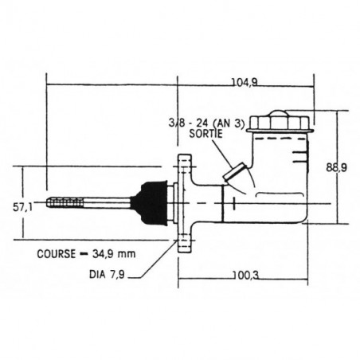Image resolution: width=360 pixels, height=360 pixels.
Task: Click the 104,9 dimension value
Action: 245,83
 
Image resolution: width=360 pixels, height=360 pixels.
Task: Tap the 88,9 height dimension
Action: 336,168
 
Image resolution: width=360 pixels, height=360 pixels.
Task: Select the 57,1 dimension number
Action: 22,207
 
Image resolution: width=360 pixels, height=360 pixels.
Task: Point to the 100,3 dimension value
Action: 246,276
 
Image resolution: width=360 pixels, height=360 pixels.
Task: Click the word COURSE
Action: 57,254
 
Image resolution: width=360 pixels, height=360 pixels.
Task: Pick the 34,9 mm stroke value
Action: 114,254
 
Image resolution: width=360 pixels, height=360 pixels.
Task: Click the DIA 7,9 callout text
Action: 107,275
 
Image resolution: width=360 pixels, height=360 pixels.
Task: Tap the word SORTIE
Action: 205,133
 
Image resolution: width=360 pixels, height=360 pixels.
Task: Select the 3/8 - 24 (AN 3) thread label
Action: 206,123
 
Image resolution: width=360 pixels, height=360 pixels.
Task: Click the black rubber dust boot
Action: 152,203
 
